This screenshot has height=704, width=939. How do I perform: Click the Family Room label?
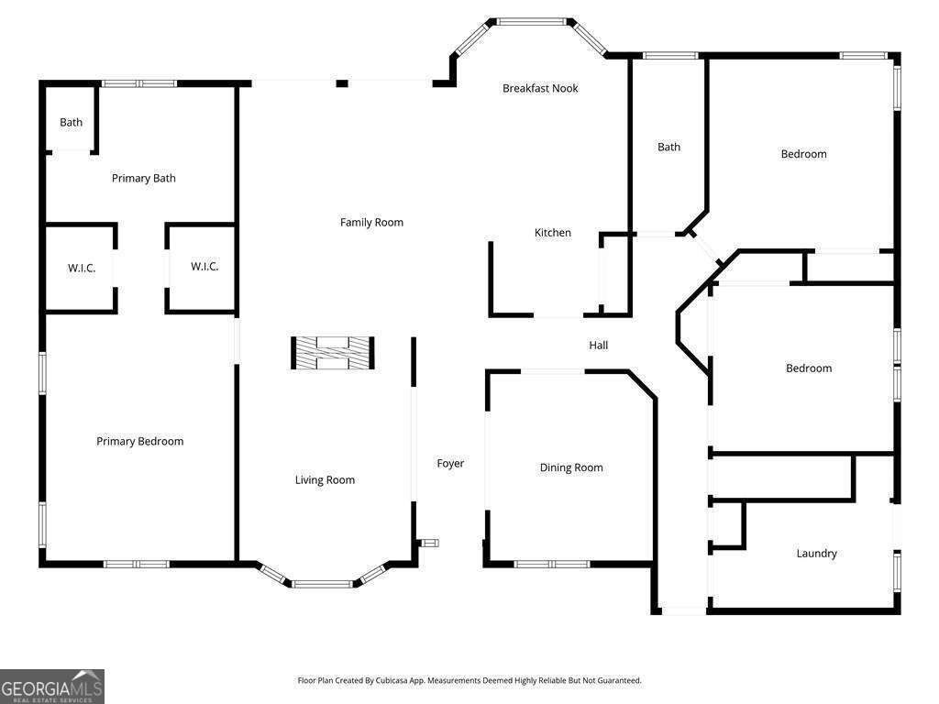pyautogui.click(x=371, y=223)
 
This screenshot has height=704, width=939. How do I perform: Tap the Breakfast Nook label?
pyautogui.click(x=540, y=89)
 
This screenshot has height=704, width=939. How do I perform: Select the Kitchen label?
pyautogui.click(x=553, y=233)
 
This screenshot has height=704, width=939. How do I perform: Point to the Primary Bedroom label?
pyautogui.click(x=140, y=442)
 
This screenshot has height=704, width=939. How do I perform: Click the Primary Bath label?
pyautogui.click(x=144, y=179)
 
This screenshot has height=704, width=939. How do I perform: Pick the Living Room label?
pyautogui.click(x=325, y=480)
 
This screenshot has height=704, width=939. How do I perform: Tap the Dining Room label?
pyautogui.click(x=571, y=467)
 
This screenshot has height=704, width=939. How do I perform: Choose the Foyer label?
pyautogui.click(x=450, y=464)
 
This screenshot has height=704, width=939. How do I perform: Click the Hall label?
pyautogui.click(x=599, y=346)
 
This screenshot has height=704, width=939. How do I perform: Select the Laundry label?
pyautogui.click(x=816, y=554)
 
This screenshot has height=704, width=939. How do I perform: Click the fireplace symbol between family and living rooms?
pyautogui.click(x=332, y=353)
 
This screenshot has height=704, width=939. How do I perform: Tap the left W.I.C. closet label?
pyautogui.click(x=82, y=269)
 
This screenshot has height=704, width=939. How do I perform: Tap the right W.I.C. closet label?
pyautogui.click(x=204, y=267)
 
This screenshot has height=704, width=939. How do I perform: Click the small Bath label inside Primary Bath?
pyautogui.click(x=72, y=123)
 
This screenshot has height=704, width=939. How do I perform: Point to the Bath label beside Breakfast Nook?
pyautogui.click(x=669, y=148)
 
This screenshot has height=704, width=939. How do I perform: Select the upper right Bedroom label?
pyautogui.click(x=803, y=154)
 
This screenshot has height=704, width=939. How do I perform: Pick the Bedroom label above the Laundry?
pyautogui.click(x=809, y=368)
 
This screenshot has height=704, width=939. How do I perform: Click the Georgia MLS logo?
pyautogui.click(x=52, y=687)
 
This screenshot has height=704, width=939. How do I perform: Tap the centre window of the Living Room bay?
pyautogui.click(x=322, y=583)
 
